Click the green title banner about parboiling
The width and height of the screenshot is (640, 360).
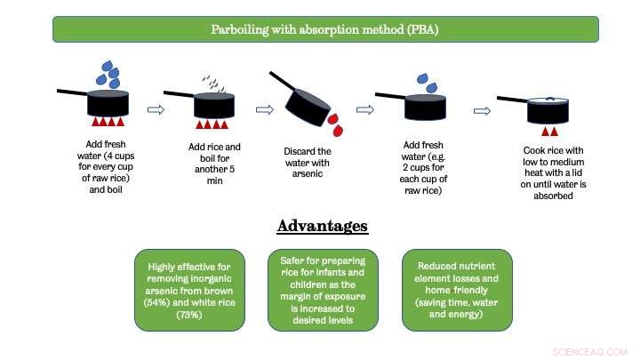point(324,28)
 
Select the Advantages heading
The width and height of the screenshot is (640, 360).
point(322,225)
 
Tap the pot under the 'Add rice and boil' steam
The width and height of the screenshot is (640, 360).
point(214,104)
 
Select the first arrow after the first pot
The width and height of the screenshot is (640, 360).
point(156,110)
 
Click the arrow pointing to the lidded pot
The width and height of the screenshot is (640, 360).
point(482,111)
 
